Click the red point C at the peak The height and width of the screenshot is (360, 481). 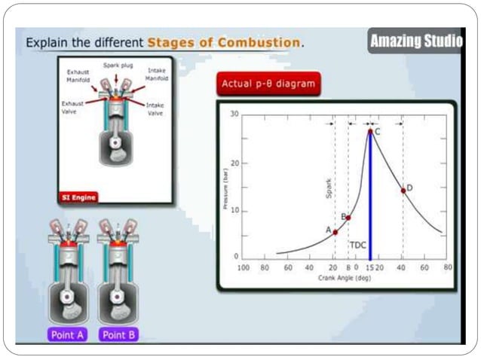(x=369, y=131)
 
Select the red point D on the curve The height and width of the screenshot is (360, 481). (x=403, y=191)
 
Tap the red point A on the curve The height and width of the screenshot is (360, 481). (x=335, y=232)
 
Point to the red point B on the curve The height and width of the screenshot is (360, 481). (x=348, y=218)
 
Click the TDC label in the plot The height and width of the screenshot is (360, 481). (x=357, y=245)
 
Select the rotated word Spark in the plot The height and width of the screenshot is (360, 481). (x=329, y=187)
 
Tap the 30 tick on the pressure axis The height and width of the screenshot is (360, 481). (x=234, y=114)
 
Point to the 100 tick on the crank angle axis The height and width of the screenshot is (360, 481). (x=244, y=267)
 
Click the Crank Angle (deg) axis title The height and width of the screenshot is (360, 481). (x=339, y=278)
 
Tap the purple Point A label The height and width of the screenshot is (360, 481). (x=67, y=334)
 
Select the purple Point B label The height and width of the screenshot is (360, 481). (x=118, y=334)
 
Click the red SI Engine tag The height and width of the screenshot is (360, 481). (x=79, y=197)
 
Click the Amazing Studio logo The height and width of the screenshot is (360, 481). (x=415, y=41)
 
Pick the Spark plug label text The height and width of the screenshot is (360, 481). (x=118, y=66)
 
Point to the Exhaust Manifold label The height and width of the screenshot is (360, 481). (x=78, y=75)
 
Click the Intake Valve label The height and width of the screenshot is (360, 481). (x=155, y=109)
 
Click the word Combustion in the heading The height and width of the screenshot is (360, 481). (x=258, y=42)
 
